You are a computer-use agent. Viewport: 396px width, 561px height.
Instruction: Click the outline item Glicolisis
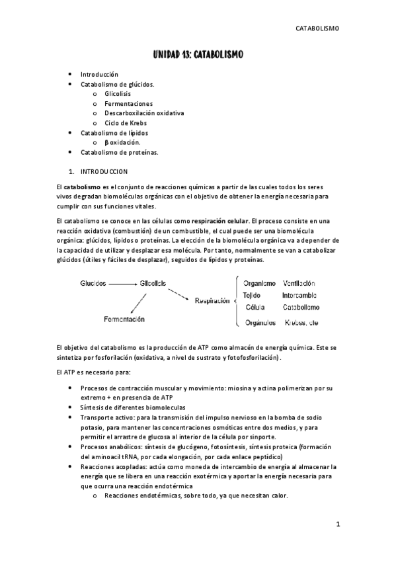(118, 94)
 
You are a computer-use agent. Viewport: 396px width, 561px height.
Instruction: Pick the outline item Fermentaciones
(128, 103)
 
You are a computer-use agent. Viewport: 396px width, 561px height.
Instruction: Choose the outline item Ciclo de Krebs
(125, 122)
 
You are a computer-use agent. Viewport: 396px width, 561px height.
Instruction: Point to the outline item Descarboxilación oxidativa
(143, 113)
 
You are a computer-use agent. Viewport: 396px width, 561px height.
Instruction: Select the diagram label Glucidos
(93, 283)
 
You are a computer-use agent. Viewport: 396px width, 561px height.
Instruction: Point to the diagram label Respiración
(212, 300)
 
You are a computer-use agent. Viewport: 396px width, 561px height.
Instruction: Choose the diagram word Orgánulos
(259, 323)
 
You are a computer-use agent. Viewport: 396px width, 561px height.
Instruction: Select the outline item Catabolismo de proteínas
(120, 151)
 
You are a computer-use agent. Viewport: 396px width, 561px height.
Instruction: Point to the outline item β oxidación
(122, 142)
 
